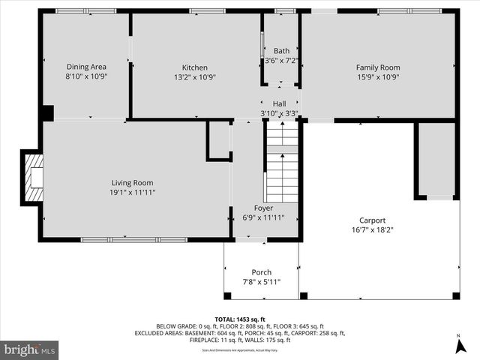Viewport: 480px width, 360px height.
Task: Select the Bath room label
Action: pyautogui.click(x=281, y=51)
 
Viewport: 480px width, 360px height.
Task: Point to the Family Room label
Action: pyautogui.click(x=377, y=67)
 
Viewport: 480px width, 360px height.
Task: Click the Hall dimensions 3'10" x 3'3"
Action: pyautogui.click(x=280, y=113)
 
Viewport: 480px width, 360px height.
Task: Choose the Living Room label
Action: pyautogui.click(x=132, y=182)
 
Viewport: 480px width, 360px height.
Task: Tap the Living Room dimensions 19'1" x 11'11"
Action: pyautogui.click(x=132, y=192)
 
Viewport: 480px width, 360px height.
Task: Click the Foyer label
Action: pyautogui.click(x=263, y=208)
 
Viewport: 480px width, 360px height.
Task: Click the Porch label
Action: pyautogui.click(x=262, y=272)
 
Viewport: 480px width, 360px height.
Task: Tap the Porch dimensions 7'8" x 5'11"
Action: pyautogui.click(x=262, y=282)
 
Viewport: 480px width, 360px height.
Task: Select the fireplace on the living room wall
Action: pyautogui.click(x=32, y=177)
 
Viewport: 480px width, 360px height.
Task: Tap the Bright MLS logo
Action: pyautogui.click(x=30, y=349)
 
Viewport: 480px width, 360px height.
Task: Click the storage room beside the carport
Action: pyautogui.click(x=436, y=159)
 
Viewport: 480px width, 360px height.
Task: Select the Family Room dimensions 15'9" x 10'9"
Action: pyautogui.click(x=377, y=76)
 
